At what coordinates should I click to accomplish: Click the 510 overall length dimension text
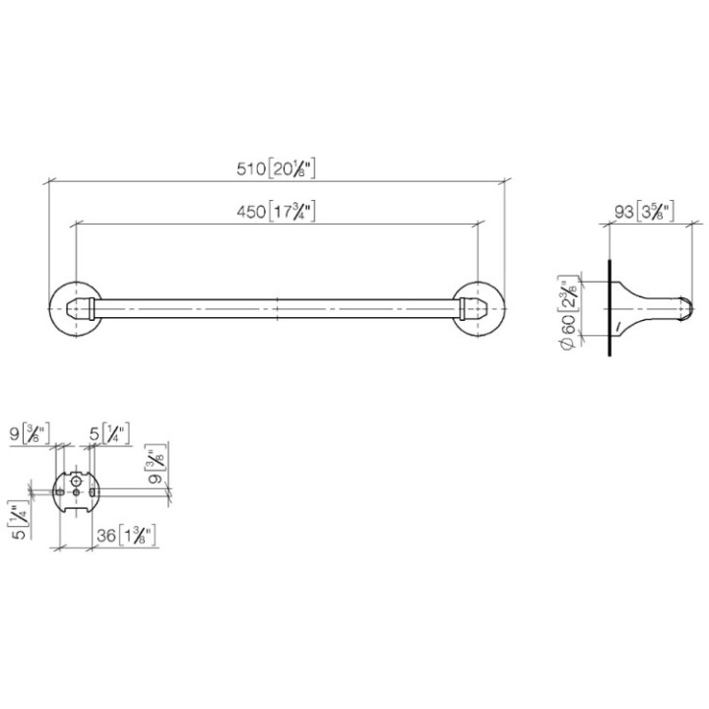point(277,168)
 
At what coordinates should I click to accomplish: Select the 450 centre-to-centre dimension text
point(277,211)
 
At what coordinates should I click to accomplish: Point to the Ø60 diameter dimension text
point(565,312)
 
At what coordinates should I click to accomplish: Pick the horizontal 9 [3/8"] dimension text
point(31,431)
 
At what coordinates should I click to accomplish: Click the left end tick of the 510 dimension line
point(49,181)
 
